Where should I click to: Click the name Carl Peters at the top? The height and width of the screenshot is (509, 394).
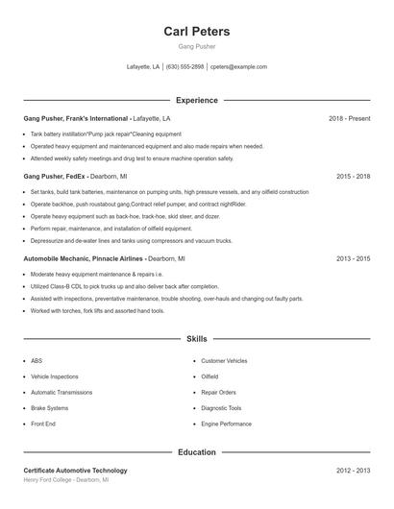point(196,32)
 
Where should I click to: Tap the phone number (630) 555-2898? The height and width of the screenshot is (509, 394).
point(185,67)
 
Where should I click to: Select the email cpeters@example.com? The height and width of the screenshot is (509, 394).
point(238,67)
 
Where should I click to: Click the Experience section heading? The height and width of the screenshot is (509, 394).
point(196,100)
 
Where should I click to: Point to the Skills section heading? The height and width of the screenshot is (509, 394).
point(196,339)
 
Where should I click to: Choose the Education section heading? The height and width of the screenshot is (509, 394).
point(196,451)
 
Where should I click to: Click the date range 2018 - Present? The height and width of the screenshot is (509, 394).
point(349,118)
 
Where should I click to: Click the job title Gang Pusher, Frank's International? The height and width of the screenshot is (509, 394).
point(76,118)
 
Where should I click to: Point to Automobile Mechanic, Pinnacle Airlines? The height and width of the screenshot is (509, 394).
point(83,258)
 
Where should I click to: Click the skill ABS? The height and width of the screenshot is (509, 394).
point(37,361)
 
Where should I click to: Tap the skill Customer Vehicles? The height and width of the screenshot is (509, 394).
point(224,361)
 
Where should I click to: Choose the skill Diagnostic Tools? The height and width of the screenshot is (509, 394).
point(221,408)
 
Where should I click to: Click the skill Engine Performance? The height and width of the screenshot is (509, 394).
point(226,424)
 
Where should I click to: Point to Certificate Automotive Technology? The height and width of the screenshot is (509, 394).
point(75,471)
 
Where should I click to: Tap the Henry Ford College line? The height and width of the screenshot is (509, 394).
point(65,480)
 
